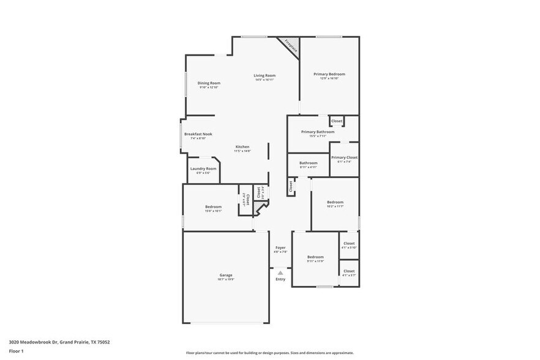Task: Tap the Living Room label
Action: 264,76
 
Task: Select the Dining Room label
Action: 209,83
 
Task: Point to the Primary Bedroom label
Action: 329,75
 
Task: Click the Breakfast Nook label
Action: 198,134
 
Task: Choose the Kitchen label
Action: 242,147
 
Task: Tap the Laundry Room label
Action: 203,169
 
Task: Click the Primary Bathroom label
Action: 318,132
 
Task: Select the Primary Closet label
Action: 344,158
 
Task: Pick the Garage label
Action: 226,276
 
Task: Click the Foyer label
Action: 280,248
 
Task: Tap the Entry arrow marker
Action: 280,272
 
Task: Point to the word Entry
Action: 280,279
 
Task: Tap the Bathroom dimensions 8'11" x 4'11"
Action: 308,167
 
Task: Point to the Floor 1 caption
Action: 16,351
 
